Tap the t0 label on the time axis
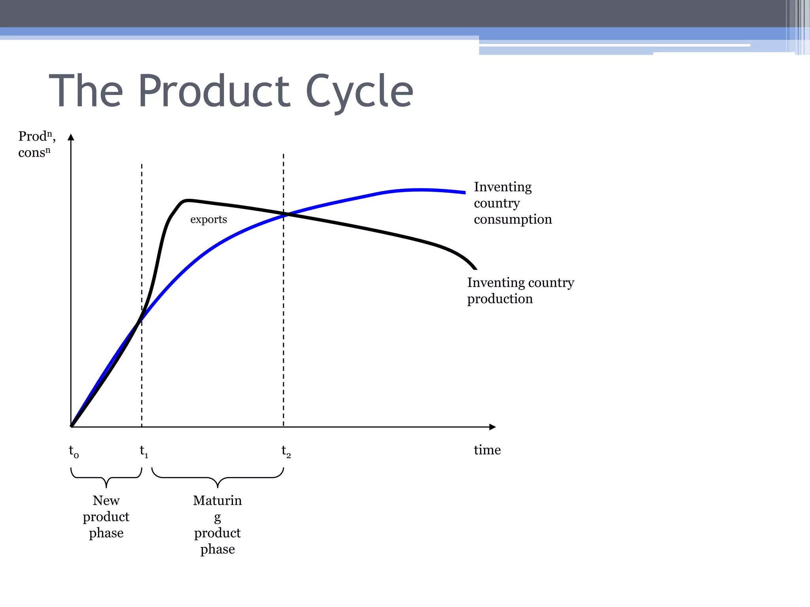pos(74,451)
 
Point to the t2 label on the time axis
pos(286,451)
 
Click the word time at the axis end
pos(487,450)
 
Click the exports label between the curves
pos(208,219)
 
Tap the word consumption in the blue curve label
pos(513,219)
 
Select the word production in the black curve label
pos(500,298)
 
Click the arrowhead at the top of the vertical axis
pos(71,137)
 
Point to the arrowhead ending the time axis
pos(492,427)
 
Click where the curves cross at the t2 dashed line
pos(284,214)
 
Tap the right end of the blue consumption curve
pos(464,192)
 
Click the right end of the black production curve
pos(475,268)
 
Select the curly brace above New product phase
pos(106,477)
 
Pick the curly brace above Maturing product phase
pos(218,477)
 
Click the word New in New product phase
pos(106,500)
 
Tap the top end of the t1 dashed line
pos(142,165)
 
